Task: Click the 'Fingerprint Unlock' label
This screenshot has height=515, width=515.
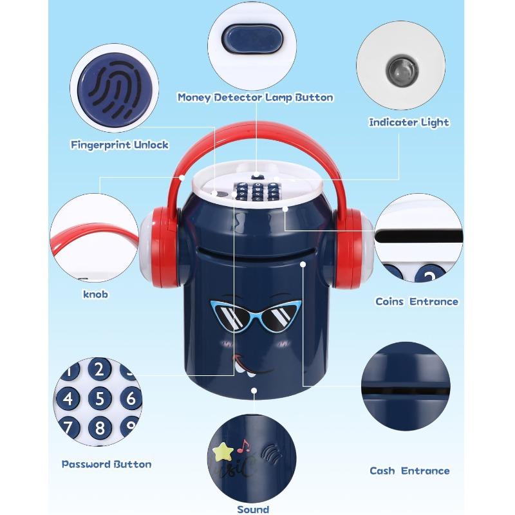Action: pos(120,145)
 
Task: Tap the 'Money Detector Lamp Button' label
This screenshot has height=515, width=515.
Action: pos(256,98)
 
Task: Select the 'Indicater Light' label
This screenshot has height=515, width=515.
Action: pos(409,122)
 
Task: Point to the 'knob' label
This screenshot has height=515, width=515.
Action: pos(95,294)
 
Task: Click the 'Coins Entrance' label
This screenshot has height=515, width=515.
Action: pos(417,301)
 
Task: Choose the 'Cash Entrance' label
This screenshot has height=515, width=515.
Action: pos(409,471)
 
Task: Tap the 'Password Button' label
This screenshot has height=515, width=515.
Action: pos(107,464)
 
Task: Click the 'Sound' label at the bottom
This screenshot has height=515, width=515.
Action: pos(253,509)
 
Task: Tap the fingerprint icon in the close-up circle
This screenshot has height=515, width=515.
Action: pos(115,88)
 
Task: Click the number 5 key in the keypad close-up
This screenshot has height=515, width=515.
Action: pos(100,398)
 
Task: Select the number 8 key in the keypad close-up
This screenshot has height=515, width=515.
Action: pos(100,427)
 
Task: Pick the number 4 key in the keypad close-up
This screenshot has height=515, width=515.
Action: pos(68,398)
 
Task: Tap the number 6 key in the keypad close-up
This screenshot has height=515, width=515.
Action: pos(131,398)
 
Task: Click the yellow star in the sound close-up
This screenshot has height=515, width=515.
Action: pos(223,451)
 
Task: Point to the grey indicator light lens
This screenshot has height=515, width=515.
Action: pos(402,70)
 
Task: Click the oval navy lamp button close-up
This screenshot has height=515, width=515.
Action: pos(252,39)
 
